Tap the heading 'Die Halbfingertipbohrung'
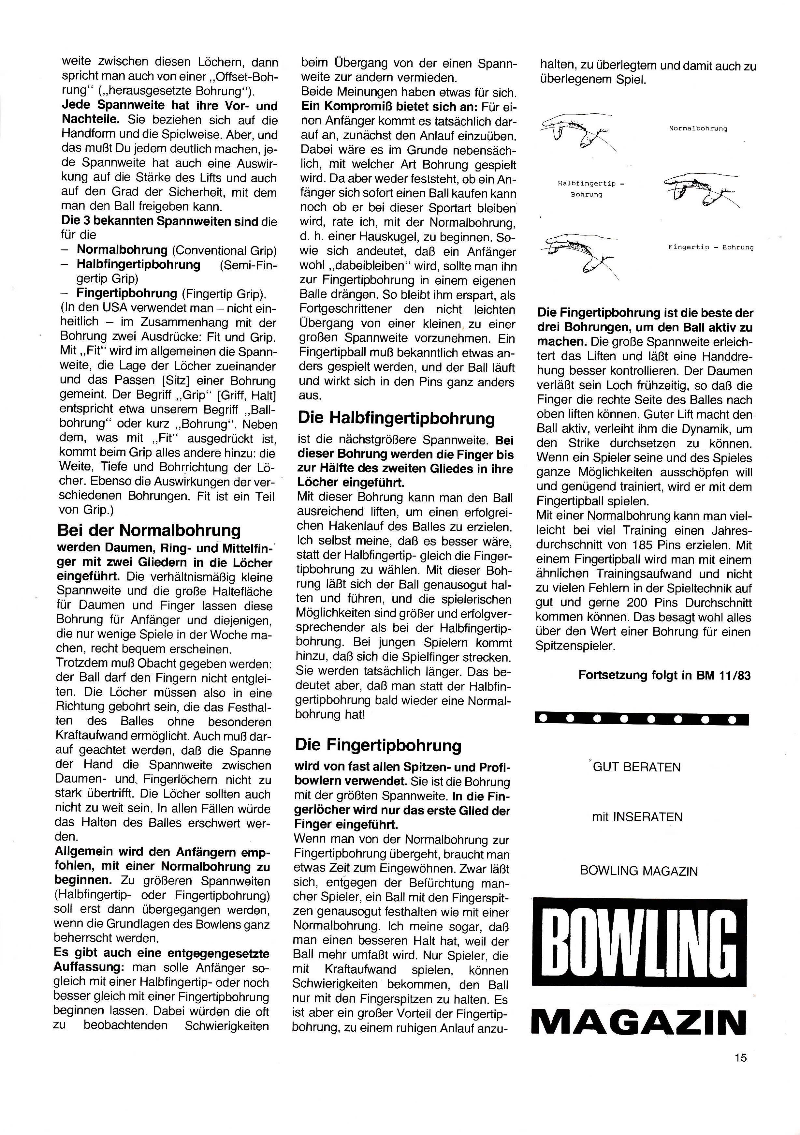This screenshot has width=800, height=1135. click(396, 418)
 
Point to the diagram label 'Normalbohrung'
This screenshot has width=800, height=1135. click(698, 128)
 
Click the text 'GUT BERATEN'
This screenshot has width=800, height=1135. click(637, 767)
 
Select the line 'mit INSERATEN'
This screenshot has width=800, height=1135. click(637, 817)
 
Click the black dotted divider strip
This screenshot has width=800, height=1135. click(641, 718)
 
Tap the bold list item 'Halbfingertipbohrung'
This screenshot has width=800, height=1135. click(138, 265)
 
